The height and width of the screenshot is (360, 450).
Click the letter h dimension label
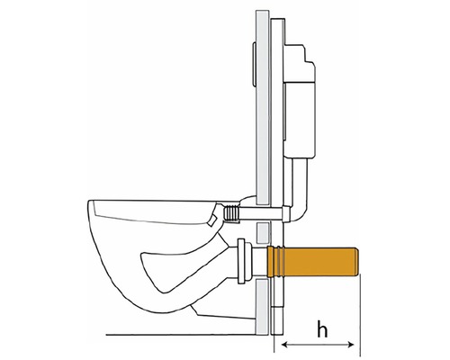pyautogui.click(x=322, y=328)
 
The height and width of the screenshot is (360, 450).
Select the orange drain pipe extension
pyautogui.click(x=312, y=261)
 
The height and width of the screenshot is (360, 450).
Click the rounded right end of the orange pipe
pyautogui.click(x=356, y=261)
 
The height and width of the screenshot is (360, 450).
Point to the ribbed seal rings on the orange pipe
pyautogui.click(x=280, y=261)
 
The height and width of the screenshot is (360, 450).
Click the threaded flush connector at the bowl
pyautogui.click(x=231, y=213)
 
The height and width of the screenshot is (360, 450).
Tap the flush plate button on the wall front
pyautogui.click(x=254, y=64)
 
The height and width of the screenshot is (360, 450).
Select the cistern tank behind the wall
pyautogui.click(x=300, y=101)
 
